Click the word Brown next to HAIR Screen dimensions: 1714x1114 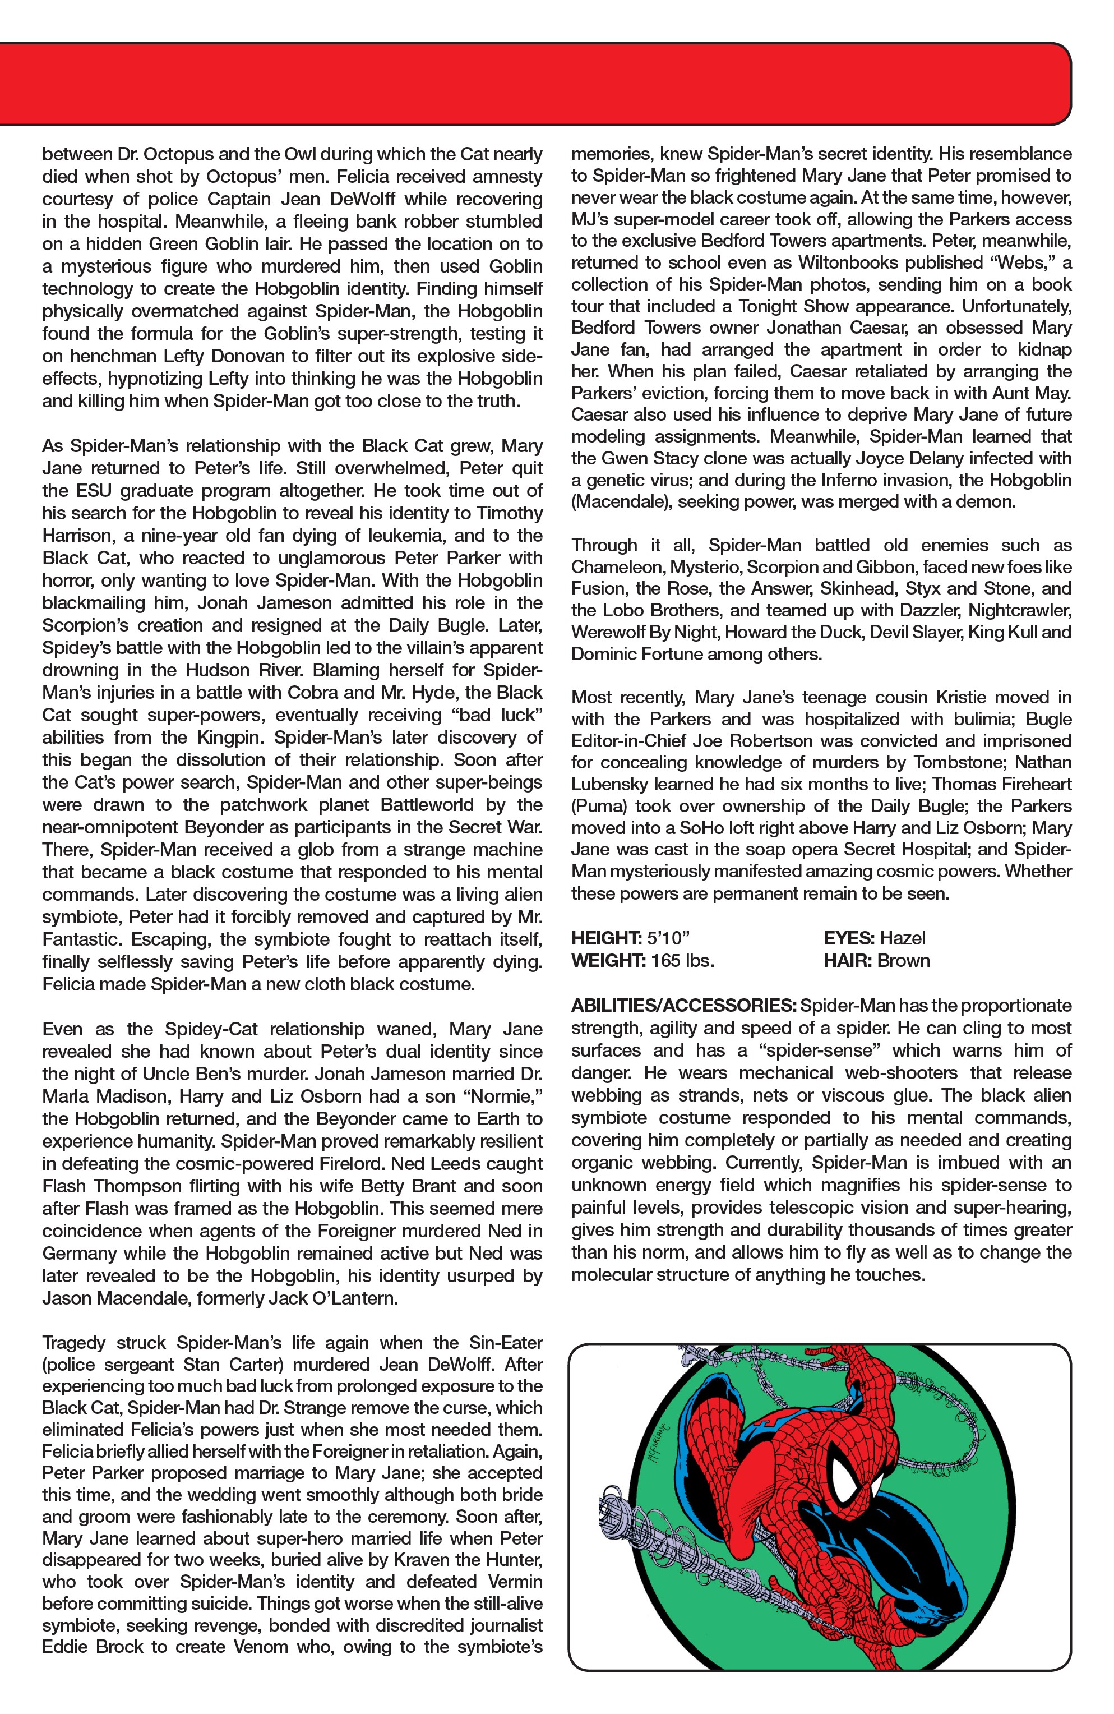tap(903, 961)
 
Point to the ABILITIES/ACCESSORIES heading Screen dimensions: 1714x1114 tap(683, 1006)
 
